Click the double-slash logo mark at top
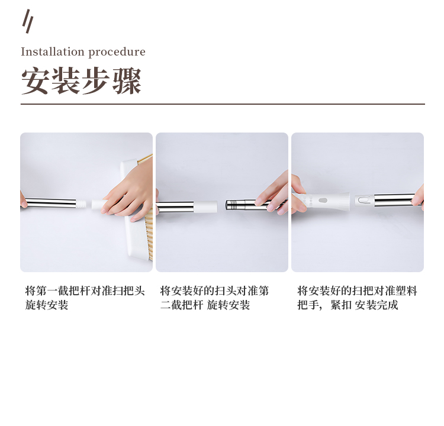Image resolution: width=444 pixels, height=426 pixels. coord(28,21)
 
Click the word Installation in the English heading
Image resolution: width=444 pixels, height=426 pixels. coord(53,52)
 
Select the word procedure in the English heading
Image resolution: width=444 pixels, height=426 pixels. coord(117,53)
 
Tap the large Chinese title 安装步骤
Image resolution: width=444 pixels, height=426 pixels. coord(81,80)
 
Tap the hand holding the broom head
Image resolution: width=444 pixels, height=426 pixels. coord(129,192)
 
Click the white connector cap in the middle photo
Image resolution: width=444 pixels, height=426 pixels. coord(205,206)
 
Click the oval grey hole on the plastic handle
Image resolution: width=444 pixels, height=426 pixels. coord(323,201)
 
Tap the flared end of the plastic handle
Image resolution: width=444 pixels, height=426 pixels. coord(342,201)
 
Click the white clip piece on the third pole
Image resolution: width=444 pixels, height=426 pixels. coord(363,200)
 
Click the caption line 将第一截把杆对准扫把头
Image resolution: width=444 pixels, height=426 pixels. coord(85,291)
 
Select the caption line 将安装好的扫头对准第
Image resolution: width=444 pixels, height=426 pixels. coord(214,291)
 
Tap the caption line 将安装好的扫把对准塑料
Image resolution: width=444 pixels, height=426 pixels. coord(358,291)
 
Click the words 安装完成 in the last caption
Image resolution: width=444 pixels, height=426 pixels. coord(377,305)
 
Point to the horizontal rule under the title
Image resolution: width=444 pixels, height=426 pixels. coord(223,104)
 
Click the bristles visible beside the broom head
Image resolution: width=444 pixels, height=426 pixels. coord(149,235)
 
